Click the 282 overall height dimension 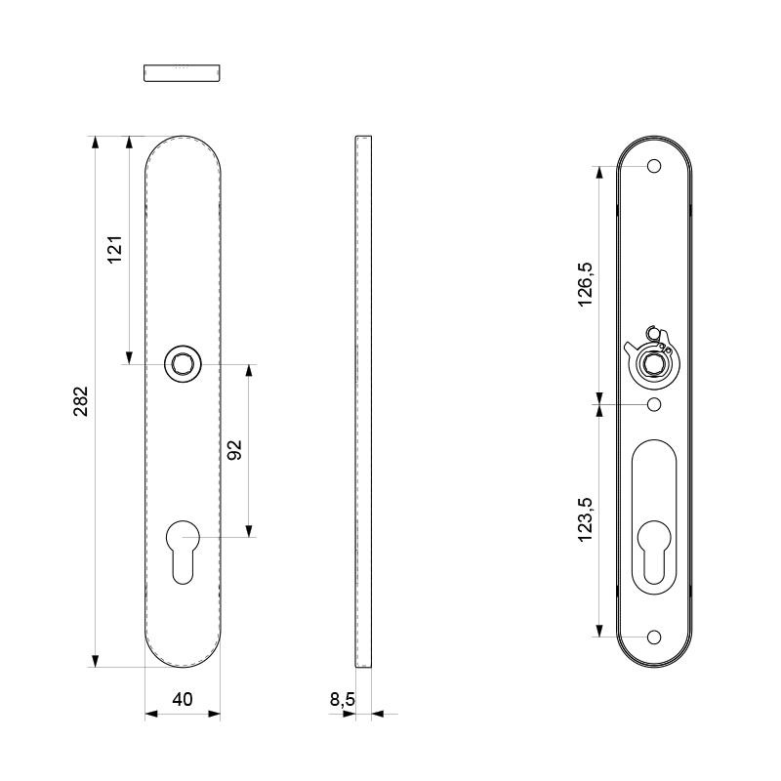(x=81, y=401)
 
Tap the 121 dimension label (x=115, y=250)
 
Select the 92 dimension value (x=234, y=450)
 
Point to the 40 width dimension (x=183, y=699)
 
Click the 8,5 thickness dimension (x=343, y=699)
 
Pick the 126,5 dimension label (x=585, y=284)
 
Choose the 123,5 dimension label (x=585, y=519)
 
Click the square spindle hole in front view (x=183, y=364)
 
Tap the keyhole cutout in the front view (x=183, y=552)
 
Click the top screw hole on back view (x=654, y=166)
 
